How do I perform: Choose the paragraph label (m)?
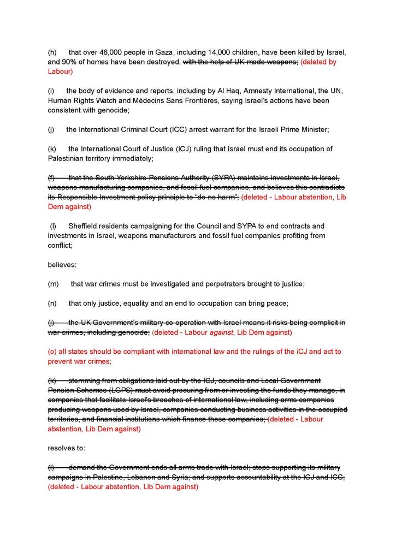click(54, 284)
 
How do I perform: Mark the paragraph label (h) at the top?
click(53, 53)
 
